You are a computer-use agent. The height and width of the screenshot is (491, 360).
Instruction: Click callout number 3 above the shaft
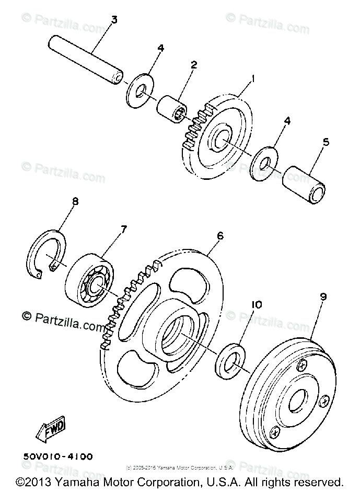click(113, 20)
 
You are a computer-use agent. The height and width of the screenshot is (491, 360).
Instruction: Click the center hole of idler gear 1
click(220, 137)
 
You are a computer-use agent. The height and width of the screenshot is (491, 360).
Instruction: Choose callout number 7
click(124, 229)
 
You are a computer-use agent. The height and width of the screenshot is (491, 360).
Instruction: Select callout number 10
click(257, 304)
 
